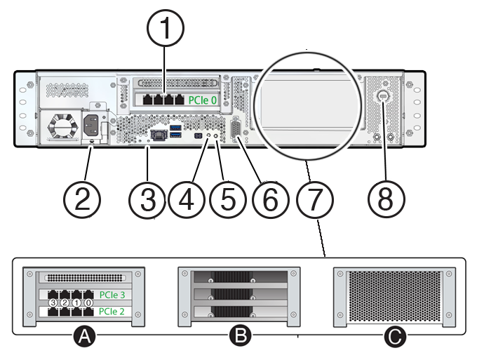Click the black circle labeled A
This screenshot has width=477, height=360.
(84, 338)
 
